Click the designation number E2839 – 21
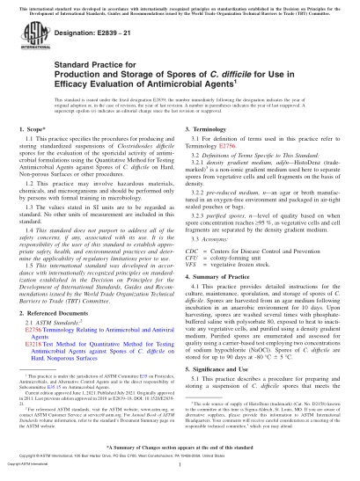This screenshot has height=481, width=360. click(x=85, y=40)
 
